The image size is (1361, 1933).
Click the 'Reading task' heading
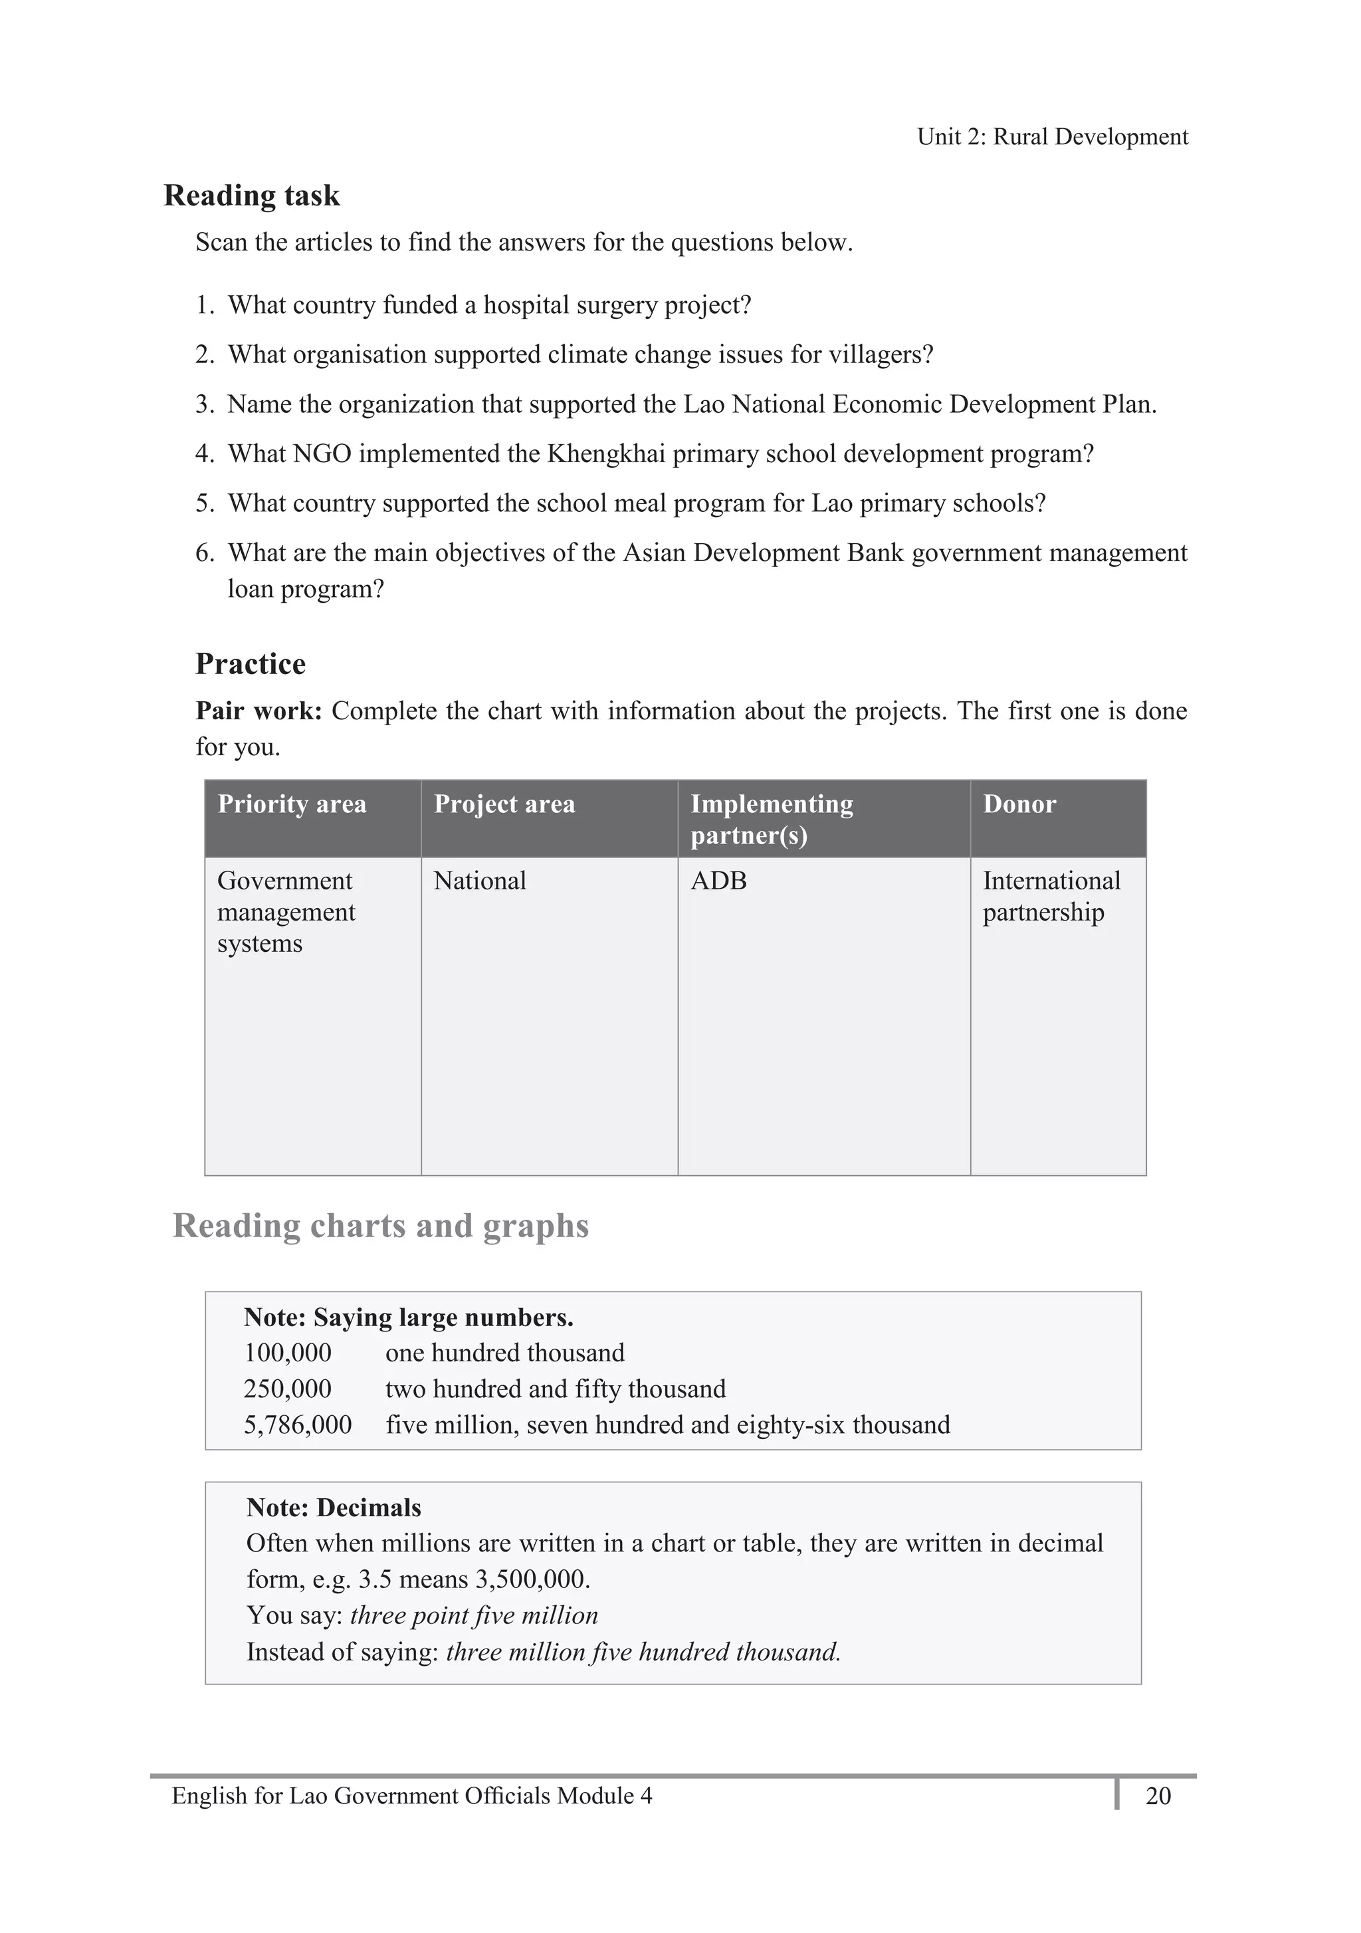click(252, 195)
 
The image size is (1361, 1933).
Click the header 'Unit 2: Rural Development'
click(1052, 136)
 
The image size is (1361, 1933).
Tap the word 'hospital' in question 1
click(526, 304)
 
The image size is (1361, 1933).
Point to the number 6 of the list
click(204, 553)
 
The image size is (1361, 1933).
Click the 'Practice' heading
click(250, 664)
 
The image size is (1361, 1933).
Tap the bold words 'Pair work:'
click(259, 711)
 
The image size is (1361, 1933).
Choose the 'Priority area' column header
click(292, 804)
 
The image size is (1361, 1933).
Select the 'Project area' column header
click(504, 804)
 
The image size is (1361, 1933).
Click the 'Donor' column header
click(1019, 804)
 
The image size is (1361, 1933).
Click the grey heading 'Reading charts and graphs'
click(380, 1226)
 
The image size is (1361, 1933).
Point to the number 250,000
click(287, 1389)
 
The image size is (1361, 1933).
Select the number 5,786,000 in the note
click(297, 1424)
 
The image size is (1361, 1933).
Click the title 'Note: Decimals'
click(334, 1507)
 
